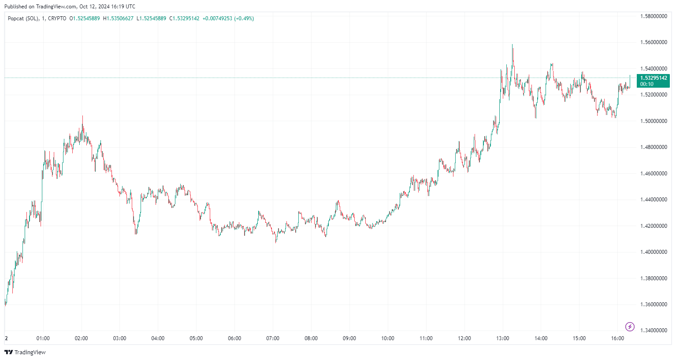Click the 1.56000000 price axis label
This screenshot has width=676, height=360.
point(653,43)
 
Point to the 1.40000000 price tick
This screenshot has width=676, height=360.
point(653,252)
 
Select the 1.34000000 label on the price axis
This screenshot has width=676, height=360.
point(653,330)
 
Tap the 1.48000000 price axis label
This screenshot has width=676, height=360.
point(653,147)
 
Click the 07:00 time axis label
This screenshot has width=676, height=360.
point(273,338)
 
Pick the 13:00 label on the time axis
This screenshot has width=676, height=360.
point(502,338)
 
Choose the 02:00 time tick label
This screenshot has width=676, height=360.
point(81,338)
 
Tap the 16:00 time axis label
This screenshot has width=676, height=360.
point(617,338)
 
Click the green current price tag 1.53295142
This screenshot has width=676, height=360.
point(653,78)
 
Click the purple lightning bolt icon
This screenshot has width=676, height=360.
point(630,327)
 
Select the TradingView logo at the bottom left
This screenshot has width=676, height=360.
point(25,352)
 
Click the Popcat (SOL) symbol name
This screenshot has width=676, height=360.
point(23,19)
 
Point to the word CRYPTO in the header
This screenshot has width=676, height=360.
point(57,19)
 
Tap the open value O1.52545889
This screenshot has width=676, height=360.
point(85,19)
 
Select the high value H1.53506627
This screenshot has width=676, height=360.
point(118,19)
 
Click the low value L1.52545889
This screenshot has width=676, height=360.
point(151,19)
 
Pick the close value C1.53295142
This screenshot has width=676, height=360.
point(184,19)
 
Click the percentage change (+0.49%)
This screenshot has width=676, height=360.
point(244,19)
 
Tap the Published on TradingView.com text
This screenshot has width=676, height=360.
point(70,7)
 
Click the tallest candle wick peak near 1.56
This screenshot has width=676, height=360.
point(512,45)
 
